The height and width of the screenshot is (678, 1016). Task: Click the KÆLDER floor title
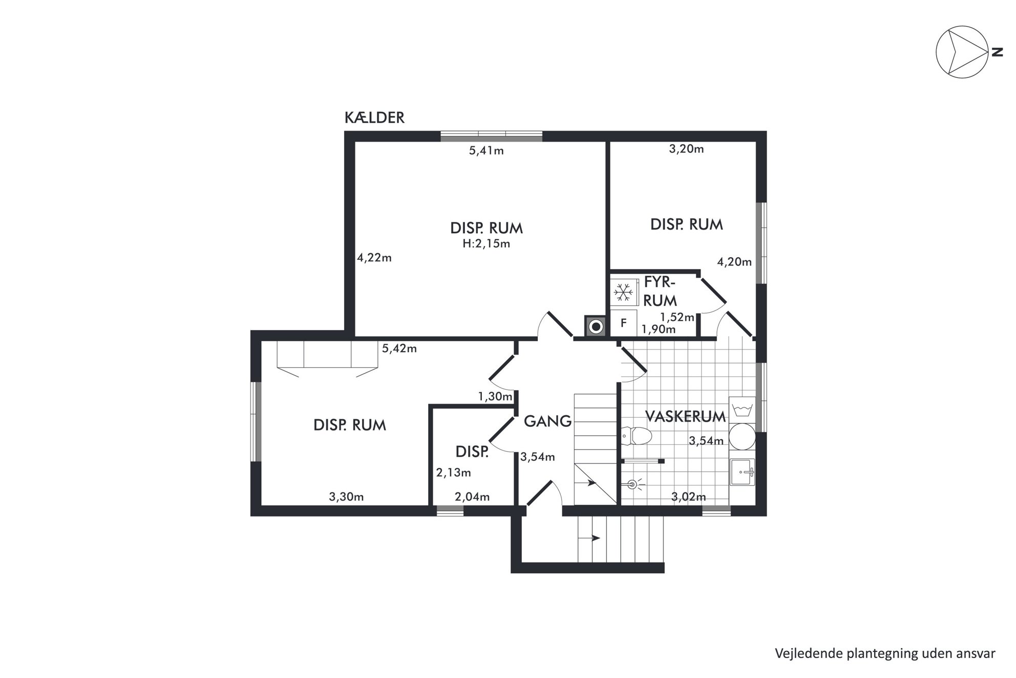[x=374, y=117]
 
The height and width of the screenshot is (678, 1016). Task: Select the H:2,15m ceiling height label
[x=486, y=243]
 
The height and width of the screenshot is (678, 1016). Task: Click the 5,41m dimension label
[x=486, y=151]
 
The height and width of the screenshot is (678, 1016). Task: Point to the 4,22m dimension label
[x=374, y=258]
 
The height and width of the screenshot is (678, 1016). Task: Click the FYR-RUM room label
[x=660, y=291]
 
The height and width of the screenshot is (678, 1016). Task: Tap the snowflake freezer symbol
[x=623, y=292]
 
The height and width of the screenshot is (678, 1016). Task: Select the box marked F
[x=623, y=323]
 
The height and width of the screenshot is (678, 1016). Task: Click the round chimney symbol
[x=596, y=326]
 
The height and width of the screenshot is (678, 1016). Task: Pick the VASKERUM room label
[x=685, y=417]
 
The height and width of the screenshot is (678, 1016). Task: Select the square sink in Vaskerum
[x=742, y=472]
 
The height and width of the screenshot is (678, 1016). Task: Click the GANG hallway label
[x=547, y=421]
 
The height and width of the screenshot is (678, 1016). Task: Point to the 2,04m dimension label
[x=472, y=497]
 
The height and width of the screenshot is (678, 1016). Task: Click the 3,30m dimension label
[x=346, y=497]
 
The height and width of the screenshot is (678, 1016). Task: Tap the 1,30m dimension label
[x=495, y=396]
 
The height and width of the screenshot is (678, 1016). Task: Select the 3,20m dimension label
[x=686, y=149]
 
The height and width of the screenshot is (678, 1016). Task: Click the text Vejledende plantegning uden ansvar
[x=885, y=653]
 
